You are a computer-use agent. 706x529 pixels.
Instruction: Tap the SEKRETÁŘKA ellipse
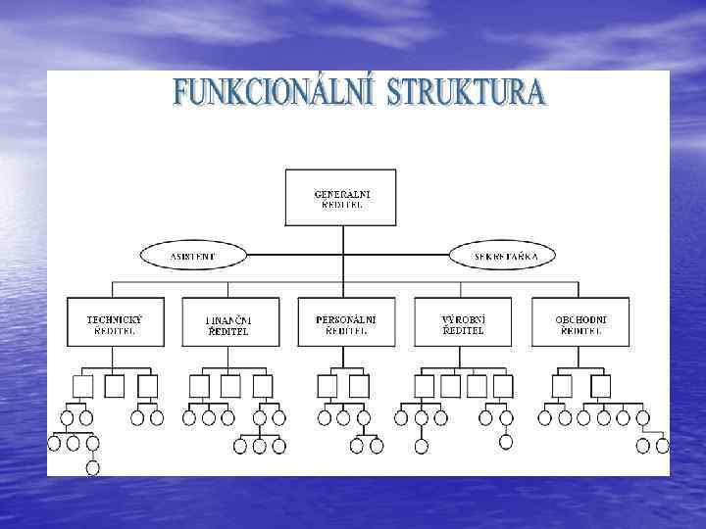tap(501, 257)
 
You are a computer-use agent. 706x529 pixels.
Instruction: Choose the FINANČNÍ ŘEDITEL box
tap(229, 323)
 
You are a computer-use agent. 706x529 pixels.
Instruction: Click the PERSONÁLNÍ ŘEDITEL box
tap(346, 323)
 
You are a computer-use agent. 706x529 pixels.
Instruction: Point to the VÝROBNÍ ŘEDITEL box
tap(464, 323)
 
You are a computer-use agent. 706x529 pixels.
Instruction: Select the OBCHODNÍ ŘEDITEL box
tap(580, 323)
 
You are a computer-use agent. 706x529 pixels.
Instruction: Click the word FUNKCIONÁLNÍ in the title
tap(273, 94)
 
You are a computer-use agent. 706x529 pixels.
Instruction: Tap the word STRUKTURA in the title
tap(466, 94)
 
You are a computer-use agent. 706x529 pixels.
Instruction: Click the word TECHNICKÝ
tap(115, 318)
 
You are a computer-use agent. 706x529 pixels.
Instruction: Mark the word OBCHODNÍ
tap(580, 318)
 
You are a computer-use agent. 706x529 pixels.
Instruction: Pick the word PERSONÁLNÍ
tap(346, 318)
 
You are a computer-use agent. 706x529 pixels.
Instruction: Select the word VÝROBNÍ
tap(464, 318)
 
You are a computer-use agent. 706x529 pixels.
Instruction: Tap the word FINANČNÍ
tap(229, 319)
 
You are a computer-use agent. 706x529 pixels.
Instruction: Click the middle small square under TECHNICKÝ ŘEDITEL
tap(115, 386)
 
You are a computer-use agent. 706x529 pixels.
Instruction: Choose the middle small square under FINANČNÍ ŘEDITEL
tap(230, 386)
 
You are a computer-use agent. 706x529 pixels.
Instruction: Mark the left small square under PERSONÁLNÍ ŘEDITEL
tap(328, 386)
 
